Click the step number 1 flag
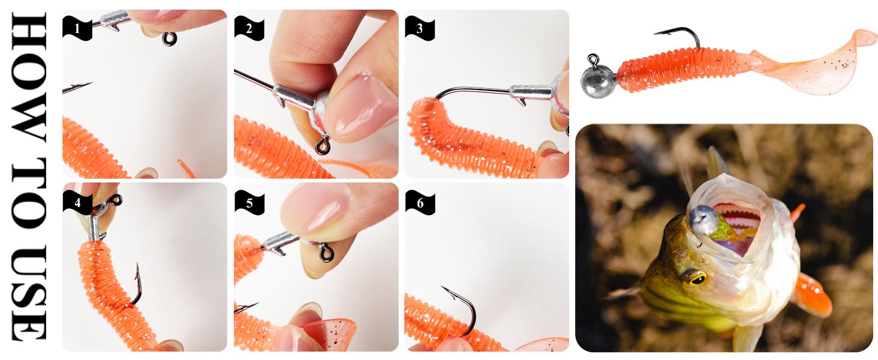(x=77, y=28)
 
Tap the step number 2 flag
(x=249, y=28)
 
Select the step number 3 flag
(x=420, y=28)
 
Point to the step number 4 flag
(x=77, y=202)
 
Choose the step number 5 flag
(x=249, y=202)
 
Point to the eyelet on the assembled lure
(x=593, y=59)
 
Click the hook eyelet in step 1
(x=169, y=39)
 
